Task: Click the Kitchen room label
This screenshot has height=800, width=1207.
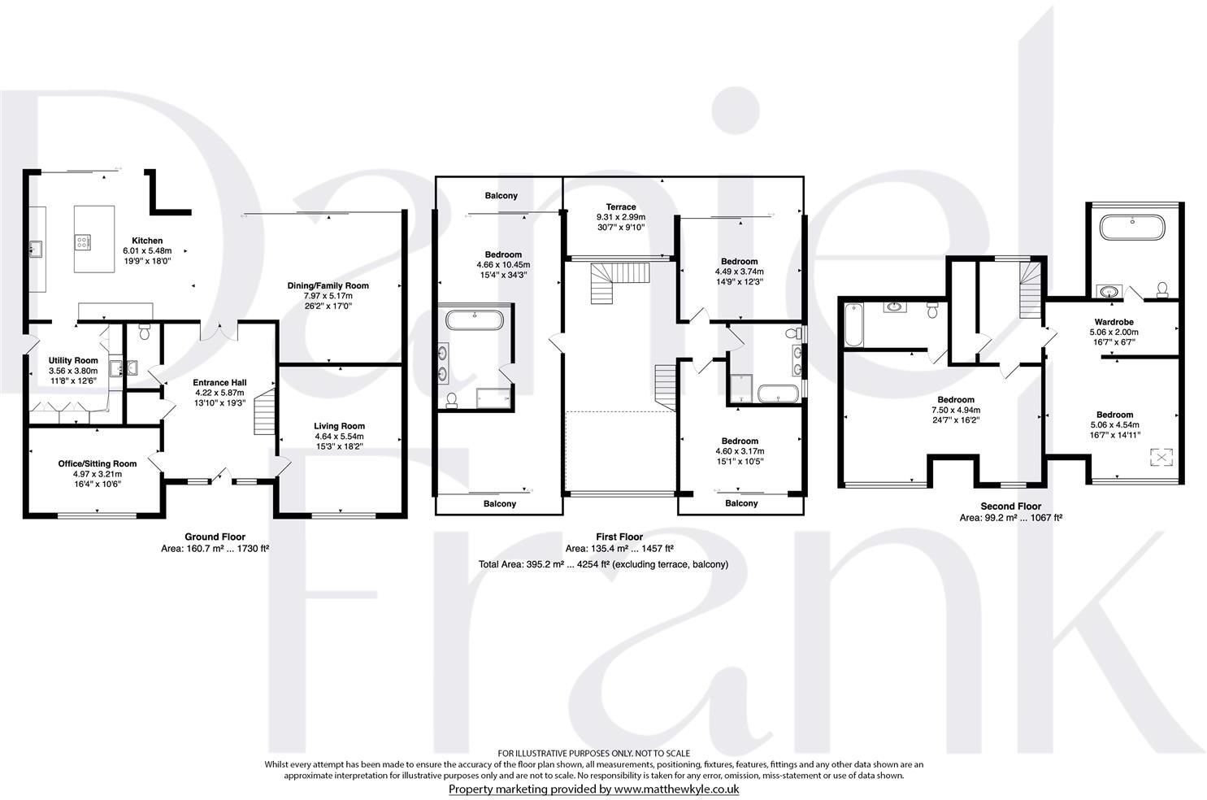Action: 147,241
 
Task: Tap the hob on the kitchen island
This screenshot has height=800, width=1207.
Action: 84,241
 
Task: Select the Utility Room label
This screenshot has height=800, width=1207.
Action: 73,360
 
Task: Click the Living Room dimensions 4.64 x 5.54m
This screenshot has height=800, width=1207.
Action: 339,437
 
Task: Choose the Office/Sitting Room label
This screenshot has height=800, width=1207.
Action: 97,463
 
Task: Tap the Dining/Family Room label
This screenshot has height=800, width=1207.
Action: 328,285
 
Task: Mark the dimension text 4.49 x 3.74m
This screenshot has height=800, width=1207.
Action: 739,272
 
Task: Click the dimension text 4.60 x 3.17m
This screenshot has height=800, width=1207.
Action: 739,451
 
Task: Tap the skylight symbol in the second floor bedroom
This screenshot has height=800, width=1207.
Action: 1162,459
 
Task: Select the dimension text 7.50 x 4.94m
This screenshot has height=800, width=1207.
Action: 956,411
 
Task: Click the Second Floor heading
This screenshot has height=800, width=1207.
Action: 1011,506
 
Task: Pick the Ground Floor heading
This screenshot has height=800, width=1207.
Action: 215,537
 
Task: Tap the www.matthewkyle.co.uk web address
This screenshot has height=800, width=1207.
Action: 676,789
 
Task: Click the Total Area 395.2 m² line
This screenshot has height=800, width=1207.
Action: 602,564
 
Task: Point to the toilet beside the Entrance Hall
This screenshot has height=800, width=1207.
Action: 145,332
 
